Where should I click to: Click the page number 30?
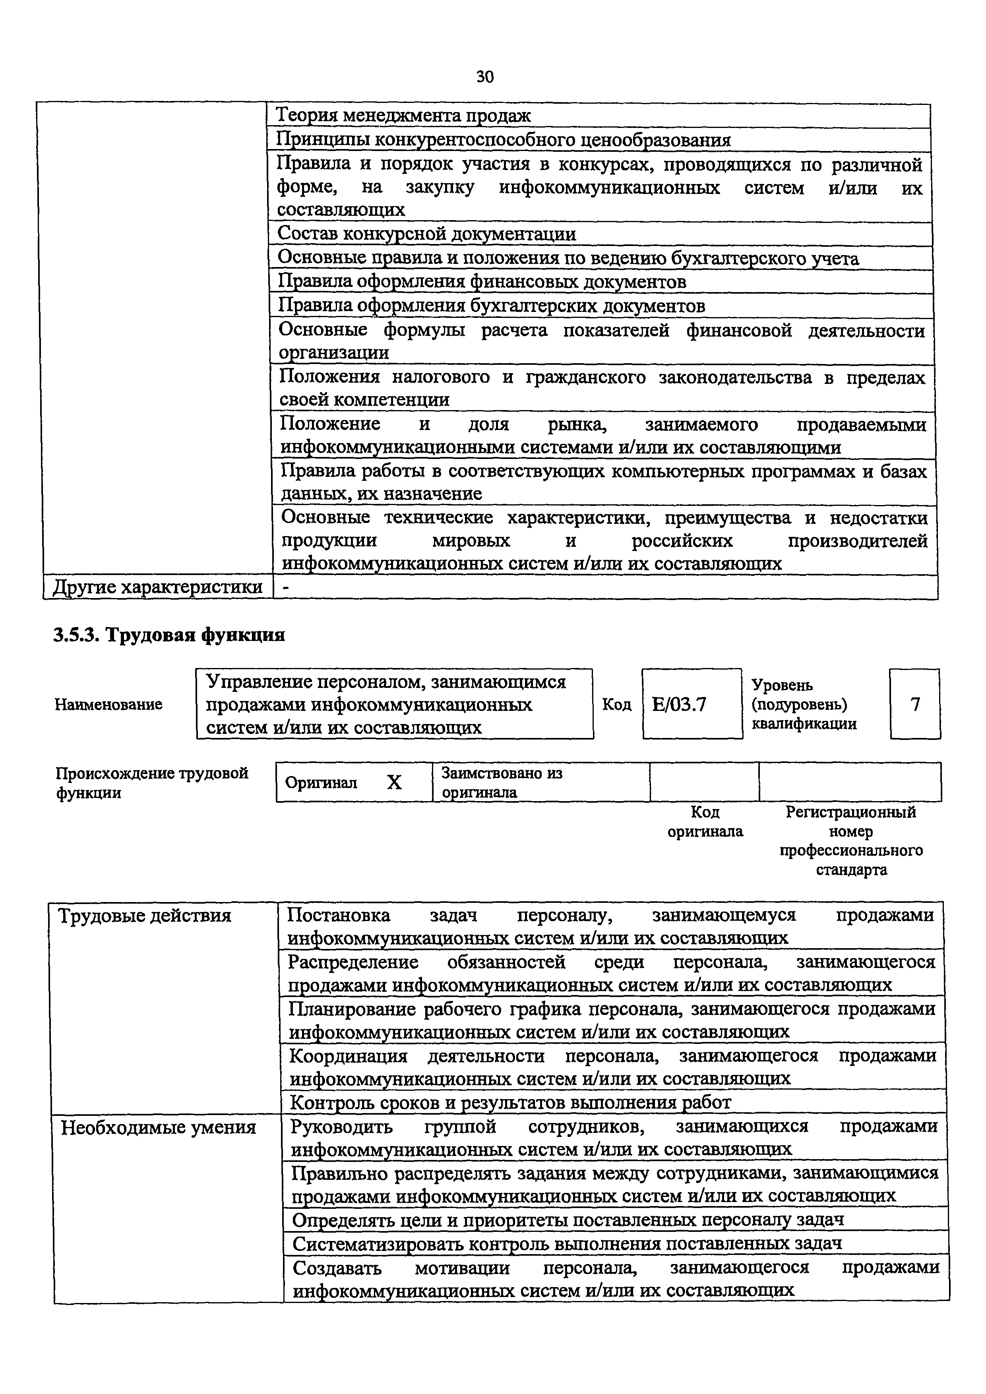pyautogui.click(x=485, y=77)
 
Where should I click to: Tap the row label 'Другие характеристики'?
pyautogui.click(x=158, y=587)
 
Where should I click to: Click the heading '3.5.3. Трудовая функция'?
pyautogui.click(x=169, y=635)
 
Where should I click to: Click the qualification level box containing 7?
pyautogui.click(x=915, y=704)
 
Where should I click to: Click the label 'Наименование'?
pyautogui.click(x=108, y=704)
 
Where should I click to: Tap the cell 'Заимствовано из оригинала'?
pyautogui.click(x=502, y=782)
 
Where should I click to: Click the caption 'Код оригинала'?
pyautogui.click(x=705, y=821)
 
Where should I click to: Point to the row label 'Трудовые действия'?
pyautogui.click(x=145, y=916)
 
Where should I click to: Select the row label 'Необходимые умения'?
pyautogui.click(x=159, y=1127)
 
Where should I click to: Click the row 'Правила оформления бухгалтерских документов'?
pyautogui.click(x=491, y=306)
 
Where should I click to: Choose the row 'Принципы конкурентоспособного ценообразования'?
pyautogui.click(x=503, y=139)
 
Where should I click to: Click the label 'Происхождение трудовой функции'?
pyautogui.click(x=152, y=782)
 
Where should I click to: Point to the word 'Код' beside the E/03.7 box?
pyautogui.click(x=616, y=704)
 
